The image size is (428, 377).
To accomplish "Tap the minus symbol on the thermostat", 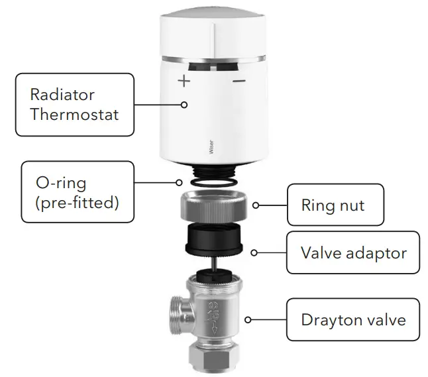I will coord(239,81).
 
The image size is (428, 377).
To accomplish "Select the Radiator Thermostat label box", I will coord(74,104).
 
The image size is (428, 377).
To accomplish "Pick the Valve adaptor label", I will coord(353,252).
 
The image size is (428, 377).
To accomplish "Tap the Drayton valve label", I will coord(353,320).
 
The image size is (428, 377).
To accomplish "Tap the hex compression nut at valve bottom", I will coord(213,358).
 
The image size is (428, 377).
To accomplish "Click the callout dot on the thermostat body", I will coord(185,104).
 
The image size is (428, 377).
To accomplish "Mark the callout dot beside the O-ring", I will coord(178,182).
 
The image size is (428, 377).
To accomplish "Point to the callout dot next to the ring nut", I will coord(256,205).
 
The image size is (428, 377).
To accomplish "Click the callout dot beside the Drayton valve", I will coord(248,320).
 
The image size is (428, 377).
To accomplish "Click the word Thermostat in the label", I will coord(74,114).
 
